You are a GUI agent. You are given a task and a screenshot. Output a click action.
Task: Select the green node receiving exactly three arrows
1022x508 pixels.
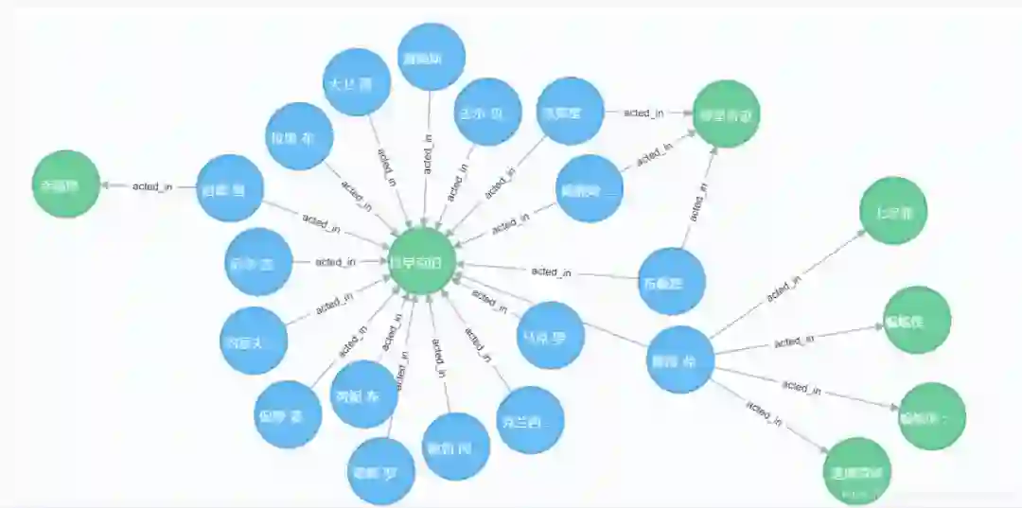point(726,114)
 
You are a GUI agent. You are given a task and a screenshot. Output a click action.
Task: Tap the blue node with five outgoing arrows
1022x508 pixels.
point(679,359)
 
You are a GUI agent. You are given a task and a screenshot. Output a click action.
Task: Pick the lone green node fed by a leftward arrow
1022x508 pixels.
point(65,184)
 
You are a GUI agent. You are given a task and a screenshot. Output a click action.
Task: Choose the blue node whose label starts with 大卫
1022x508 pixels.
point(357,82)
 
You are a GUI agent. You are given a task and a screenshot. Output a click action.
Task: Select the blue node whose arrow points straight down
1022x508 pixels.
point(432,57)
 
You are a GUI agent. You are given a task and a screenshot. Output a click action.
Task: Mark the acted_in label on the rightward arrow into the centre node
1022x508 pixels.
point(335,261)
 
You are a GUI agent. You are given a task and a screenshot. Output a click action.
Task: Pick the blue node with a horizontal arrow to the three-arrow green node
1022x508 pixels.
point(571,111)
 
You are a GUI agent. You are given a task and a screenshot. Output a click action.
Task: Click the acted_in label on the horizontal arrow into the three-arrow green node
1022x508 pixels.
point(643,113)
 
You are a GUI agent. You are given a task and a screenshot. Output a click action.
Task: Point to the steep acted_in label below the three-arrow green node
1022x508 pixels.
point(697,201)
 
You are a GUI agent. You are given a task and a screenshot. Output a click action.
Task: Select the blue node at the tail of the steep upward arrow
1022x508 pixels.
point(672,281)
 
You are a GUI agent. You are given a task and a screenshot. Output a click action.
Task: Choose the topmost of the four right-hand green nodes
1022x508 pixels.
point(893,210)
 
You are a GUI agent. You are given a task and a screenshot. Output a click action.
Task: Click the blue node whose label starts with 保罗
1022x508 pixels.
point(289,414)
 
